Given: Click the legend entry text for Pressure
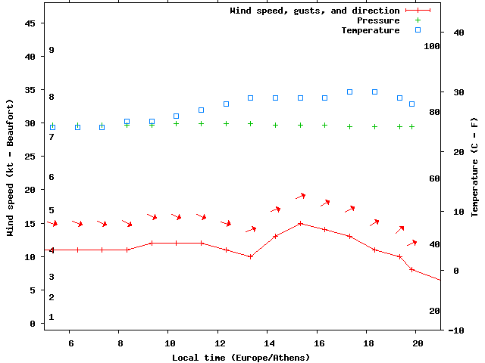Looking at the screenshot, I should [377, 20].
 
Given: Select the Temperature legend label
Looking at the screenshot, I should [370, 30].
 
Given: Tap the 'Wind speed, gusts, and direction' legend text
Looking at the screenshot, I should [314, 11].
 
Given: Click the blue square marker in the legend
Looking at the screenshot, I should [418, 30].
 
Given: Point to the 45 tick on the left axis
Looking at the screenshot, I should [30, 23].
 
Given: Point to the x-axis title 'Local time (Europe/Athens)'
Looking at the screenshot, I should [241, 357].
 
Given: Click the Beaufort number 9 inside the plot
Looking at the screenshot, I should [52, 50].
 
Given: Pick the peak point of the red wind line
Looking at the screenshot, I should [301, 223].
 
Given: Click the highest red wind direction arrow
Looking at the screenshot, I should [300, 196].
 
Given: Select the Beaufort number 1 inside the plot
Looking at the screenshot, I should [52, 317].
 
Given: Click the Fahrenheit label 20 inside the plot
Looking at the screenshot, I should [434, 311].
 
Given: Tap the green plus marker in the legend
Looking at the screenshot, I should [418, 20].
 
